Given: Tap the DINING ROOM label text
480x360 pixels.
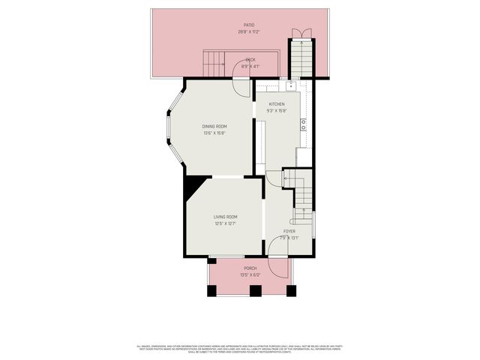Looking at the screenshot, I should coord(214,126).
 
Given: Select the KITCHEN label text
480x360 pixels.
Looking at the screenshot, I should coord(277,104).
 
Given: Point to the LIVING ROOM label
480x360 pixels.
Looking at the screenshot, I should coord(225,217).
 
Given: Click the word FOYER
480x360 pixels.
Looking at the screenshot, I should coord(289,231).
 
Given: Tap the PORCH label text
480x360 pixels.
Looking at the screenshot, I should coord(250,268).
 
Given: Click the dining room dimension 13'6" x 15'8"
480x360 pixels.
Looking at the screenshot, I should coord(214,133).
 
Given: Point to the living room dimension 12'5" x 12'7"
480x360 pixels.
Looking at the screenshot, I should coord(225,223).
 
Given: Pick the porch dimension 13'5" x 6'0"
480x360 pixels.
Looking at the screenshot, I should coord(250,274).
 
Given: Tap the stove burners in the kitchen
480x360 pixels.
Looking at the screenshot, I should coord(303,124).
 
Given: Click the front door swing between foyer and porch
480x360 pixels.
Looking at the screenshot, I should coord(277,268).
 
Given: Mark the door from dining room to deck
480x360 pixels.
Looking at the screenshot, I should coord(241,86).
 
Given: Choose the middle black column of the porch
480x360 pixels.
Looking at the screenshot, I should coord(254,290).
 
